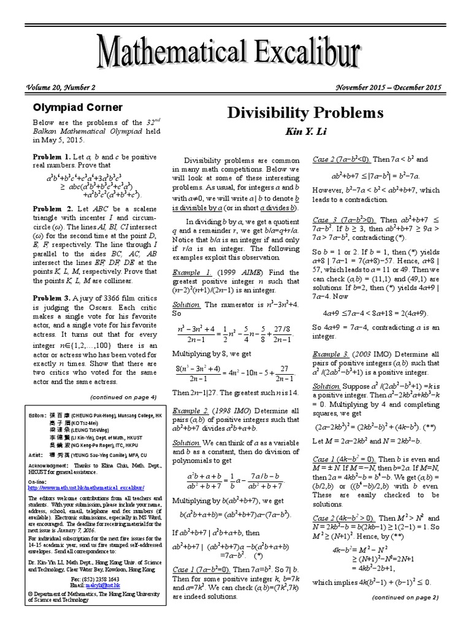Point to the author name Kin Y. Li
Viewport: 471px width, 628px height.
click(305, 132)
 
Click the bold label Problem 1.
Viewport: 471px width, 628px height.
click(52, 157)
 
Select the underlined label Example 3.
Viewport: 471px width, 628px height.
click(331, 354)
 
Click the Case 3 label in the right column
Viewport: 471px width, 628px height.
click(329, 220)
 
